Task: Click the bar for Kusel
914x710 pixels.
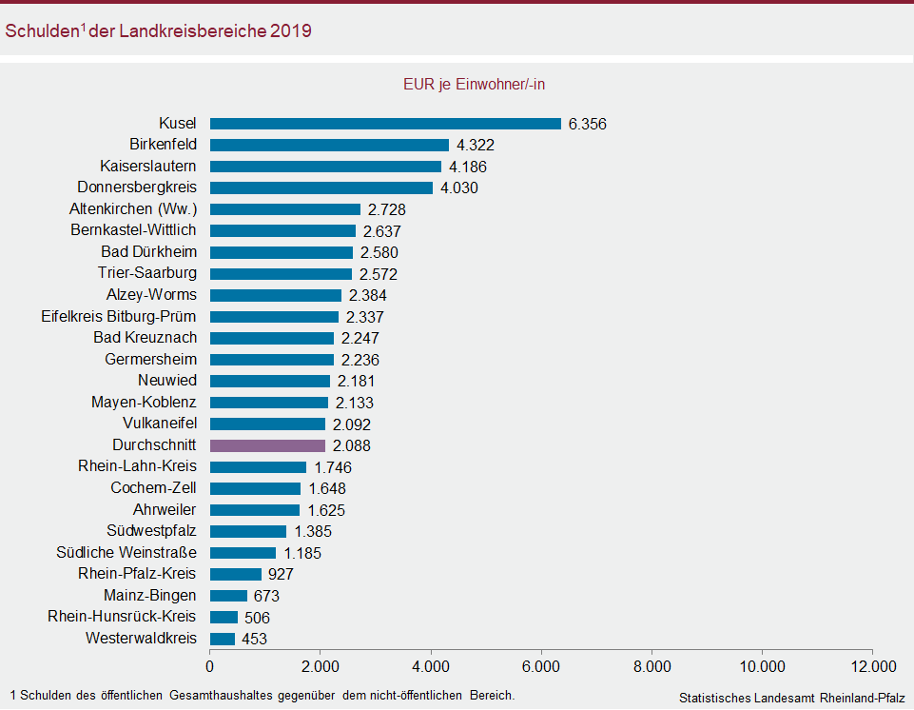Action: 385,124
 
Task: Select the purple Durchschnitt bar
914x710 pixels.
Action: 267,445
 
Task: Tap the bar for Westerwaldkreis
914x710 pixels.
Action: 223,639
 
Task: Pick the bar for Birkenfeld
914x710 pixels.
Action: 329,145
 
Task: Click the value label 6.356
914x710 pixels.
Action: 587,124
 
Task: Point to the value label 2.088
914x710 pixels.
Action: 352,445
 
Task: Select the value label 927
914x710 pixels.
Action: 281,574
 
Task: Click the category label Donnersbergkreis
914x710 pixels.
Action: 136,187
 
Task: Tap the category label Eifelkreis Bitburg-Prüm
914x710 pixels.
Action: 119,316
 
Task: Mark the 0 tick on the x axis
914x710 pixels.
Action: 210,665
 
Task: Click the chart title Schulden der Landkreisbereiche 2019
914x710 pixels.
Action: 158,31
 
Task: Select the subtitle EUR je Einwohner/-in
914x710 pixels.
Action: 474,84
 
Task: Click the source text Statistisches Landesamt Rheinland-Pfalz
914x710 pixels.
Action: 791,698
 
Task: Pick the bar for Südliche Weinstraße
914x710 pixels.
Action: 243,553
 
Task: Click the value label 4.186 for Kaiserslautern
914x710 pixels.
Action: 468,167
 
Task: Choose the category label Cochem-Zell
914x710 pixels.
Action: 153,488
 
